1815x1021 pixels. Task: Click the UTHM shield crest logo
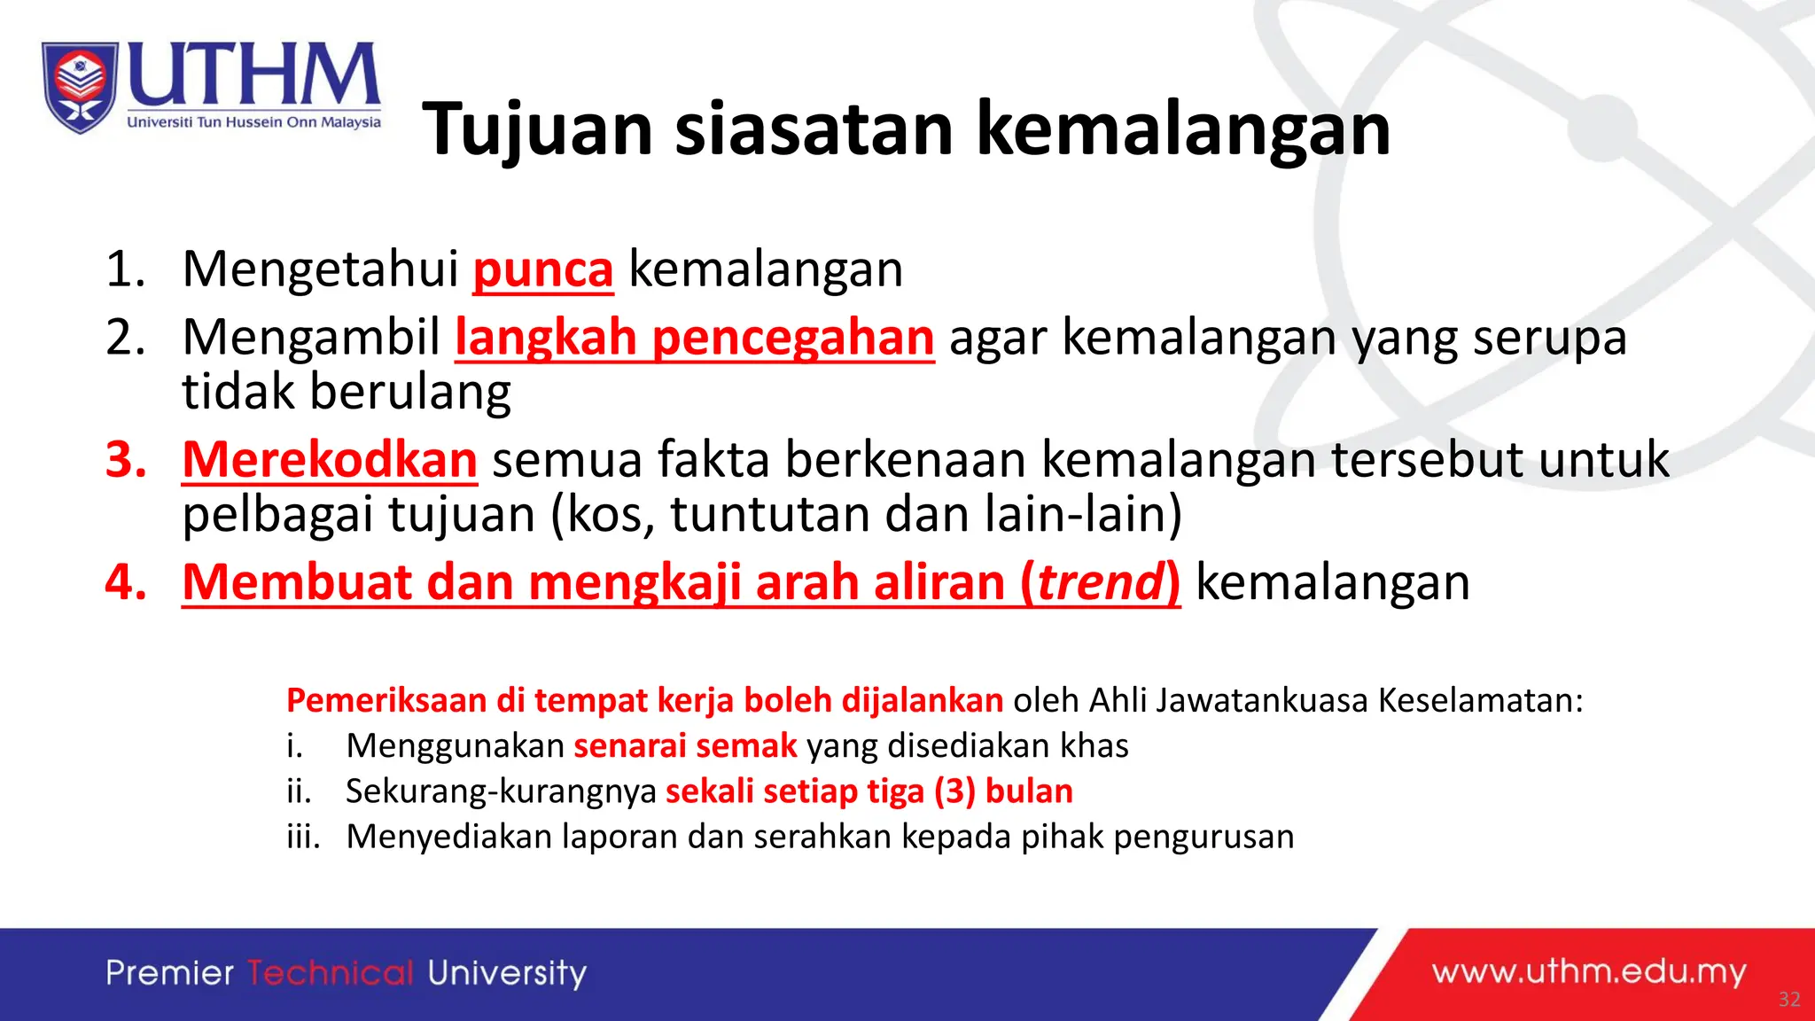(80, 87)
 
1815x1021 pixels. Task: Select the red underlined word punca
(542, 269)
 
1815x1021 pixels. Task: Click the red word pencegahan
(793, 338)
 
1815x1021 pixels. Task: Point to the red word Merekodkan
(330, 460)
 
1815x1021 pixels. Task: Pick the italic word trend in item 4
(1100, 582)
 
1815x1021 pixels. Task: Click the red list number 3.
(125, 460)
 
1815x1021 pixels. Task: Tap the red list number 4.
(125, 582)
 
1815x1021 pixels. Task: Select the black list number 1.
(125, 269)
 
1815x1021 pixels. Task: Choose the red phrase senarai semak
(685, 746)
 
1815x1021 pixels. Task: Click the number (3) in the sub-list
(954, 791)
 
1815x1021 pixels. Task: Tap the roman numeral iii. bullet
(303, 837)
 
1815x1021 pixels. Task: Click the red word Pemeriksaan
(386, 701)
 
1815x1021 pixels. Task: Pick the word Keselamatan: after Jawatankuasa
(1480, 701)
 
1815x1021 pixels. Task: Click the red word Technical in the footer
(331, 973)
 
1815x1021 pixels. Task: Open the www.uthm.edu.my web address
(1588, 972)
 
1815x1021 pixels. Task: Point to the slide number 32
(1789, 1000)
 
